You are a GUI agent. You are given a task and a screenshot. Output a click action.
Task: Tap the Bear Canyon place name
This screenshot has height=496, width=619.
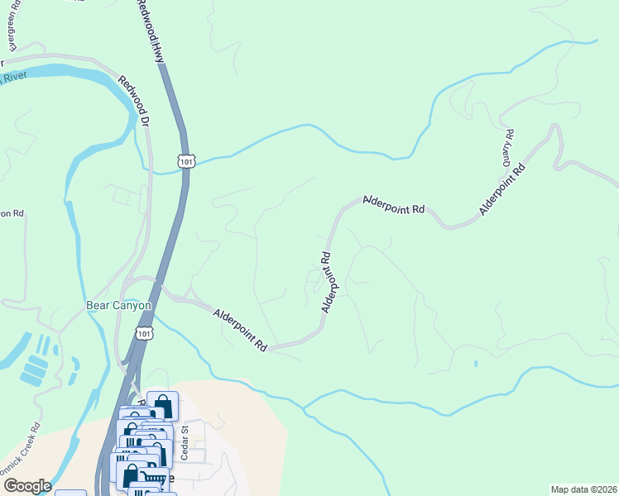click(119, 305)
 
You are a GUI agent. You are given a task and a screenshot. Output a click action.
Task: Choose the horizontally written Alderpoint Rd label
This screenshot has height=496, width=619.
click(393, 206)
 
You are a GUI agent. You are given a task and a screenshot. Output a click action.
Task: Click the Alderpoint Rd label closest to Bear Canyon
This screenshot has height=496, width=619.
click(239, 329)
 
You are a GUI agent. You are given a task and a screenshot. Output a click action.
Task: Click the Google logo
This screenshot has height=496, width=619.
click(26, 486)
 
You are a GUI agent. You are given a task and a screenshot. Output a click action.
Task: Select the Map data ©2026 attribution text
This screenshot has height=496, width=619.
click(583, 489)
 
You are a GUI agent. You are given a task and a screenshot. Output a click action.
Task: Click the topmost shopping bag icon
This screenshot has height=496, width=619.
click(162, 405)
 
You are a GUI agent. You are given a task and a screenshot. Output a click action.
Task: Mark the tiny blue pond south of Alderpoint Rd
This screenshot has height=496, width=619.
click(476, 363)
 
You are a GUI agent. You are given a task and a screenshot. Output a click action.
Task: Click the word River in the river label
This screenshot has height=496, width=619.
click(14, 78)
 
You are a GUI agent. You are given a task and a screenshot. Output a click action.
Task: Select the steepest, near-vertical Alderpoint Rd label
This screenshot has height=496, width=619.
click(327, 282)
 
